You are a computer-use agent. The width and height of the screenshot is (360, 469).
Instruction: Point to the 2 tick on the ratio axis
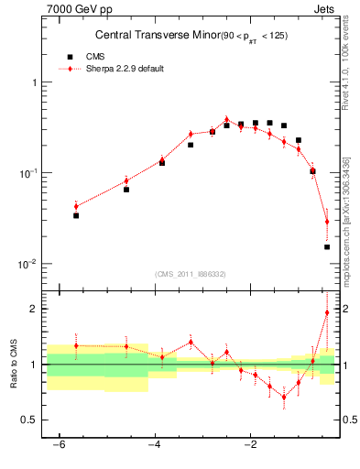coord(33,309)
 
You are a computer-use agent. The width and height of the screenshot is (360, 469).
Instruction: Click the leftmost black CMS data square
coord(76,215)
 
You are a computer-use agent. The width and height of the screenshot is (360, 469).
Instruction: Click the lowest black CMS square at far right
coord(327,246)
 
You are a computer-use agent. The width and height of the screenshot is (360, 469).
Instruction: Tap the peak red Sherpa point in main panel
coord(226,119)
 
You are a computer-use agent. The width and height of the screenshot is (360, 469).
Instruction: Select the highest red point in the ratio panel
coord(327,312)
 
